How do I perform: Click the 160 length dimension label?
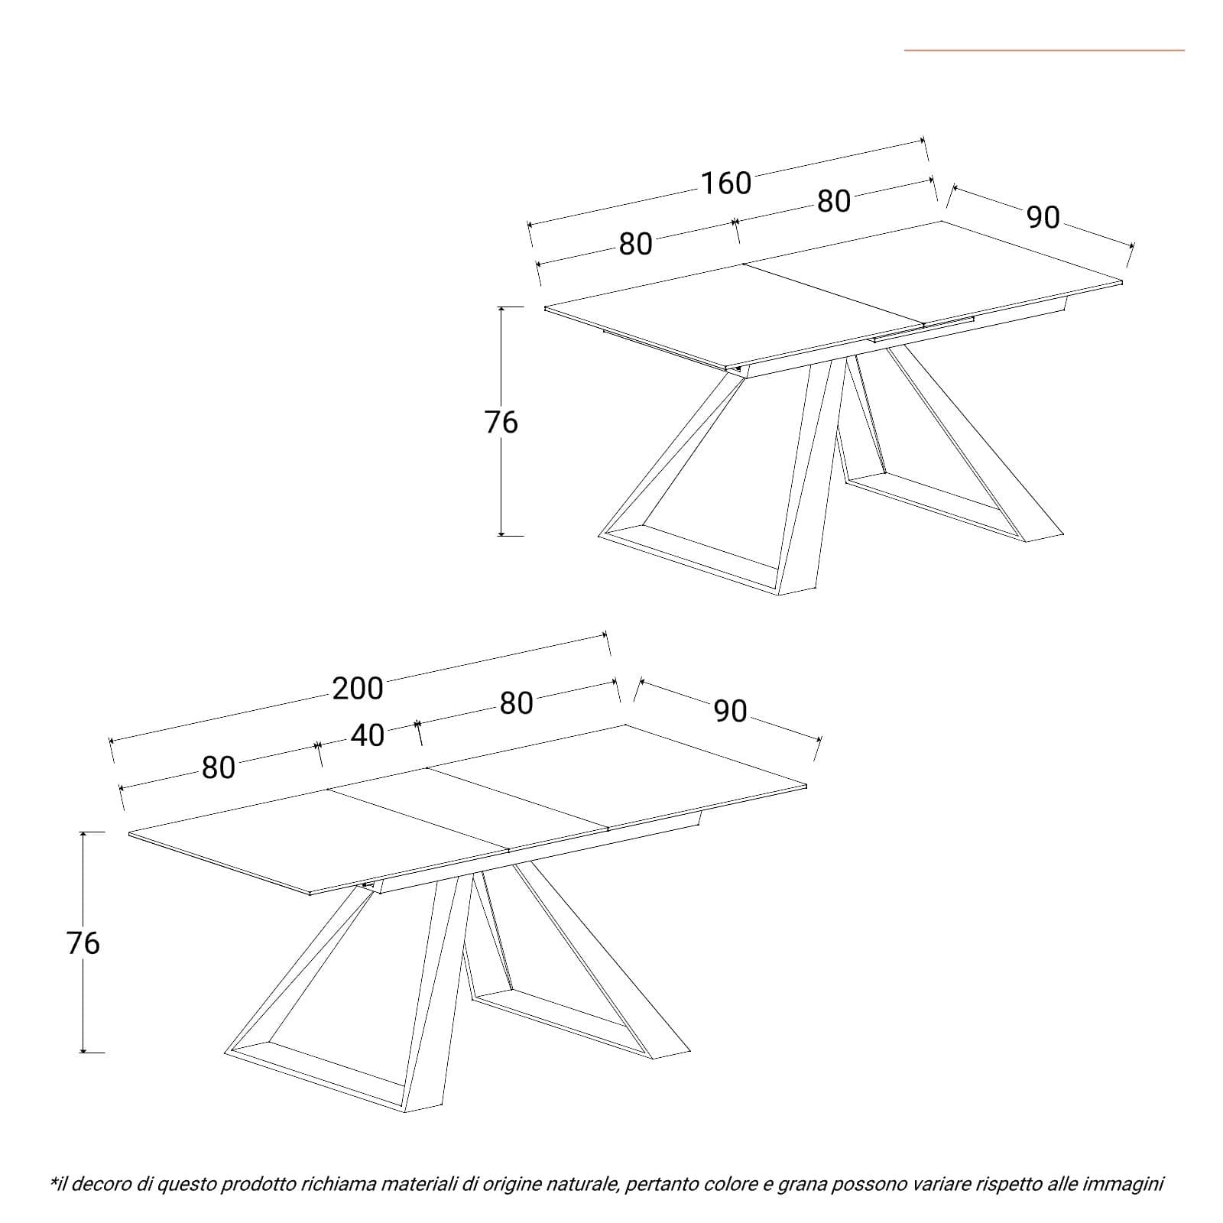(726, 183)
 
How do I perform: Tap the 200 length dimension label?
(358, 689)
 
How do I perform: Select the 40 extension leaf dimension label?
(367, 735)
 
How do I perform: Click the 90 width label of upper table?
(1043, 218)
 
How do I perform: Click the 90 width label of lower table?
(730, 711)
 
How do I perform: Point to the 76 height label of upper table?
(501, 422)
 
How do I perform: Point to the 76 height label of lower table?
(83, 943)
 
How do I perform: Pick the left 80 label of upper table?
(635, 244)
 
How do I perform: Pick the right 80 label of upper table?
(834, 201)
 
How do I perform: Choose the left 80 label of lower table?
(219, 767)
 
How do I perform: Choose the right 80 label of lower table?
(516, 703)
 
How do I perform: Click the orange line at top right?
(1044, 50)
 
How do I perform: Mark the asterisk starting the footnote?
(54, 1181)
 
